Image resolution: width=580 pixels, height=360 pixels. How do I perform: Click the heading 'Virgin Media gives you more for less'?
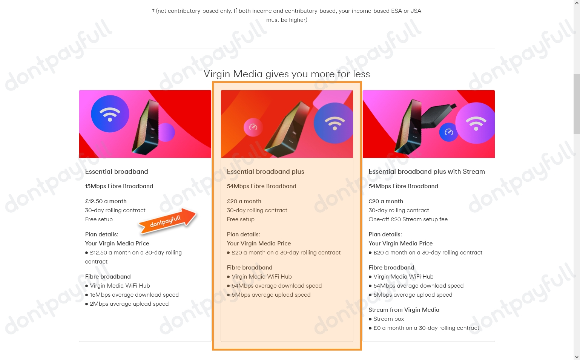287,74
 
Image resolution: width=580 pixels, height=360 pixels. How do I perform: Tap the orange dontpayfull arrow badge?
167,221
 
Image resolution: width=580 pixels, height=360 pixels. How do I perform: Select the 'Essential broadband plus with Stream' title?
427,172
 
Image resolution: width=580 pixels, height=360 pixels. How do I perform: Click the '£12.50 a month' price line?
106,201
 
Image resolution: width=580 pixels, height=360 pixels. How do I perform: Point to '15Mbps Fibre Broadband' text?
119,186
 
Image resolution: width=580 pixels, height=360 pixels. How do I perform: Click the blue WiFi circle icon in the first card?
110,114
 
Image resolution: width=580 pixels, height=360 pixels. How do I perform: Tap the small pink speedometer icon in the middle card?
253,127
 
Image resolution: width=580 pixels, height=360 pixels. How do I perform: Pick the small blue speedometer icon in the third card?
448,132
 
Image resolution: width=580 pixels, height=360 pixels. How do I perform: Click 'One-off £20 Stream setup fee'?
408,219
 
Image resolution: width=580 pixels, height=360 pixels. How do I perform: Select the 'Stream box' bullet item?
388,319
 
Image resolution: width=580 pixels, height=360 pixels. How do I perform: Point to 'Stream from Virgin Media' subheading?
404,310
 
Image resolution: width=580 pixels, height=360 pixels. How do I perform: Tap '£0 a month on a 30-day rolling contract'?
426,328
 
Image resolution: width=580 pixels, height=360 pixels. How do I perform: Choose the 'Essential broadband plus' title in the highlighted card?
265,172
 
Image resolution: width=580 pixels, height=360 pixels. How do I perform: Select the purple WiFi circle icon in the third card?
476,123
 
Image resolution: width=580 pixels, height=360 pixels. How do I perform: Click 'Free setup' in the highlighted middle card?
241,219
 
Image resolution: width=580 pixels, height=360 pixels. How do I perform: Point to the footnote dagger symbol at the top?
153,10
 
